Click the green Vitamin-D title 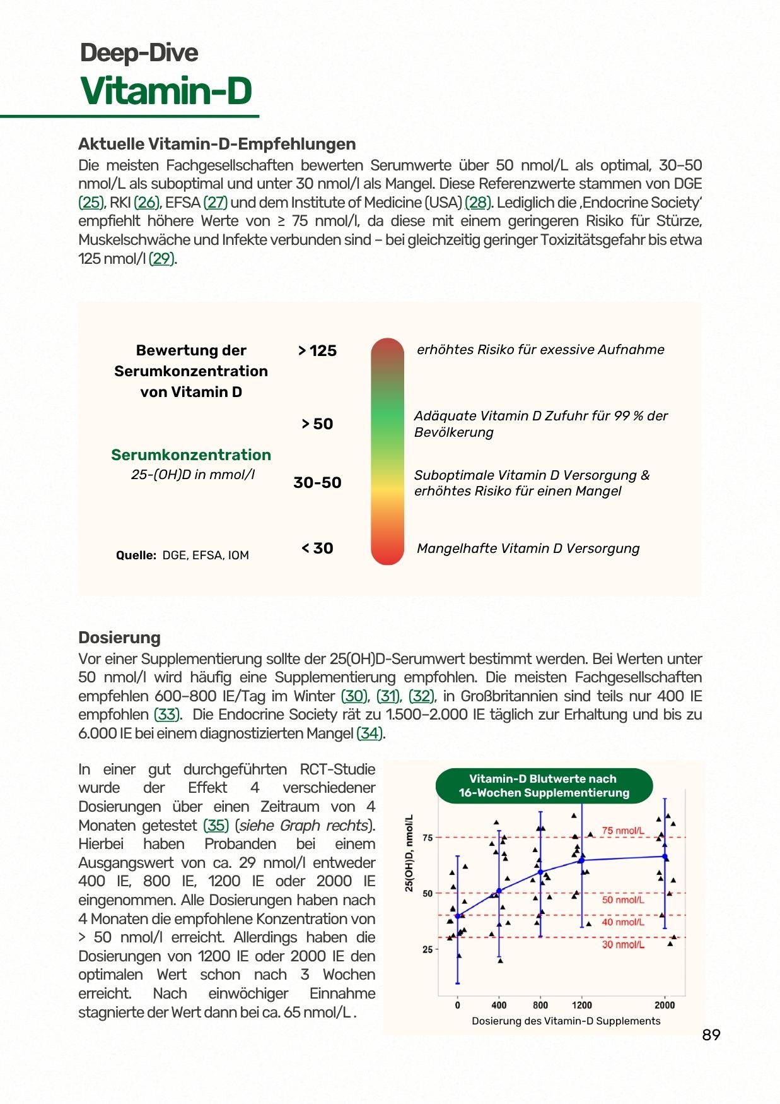tap(166, 91)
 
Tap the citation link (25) tap(91, 203)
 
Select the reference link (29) tap(161, 259)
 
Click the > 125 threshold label tap(317, 351)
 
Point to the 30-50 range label tap(317, 483)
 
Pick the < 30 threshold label tap(317, 549)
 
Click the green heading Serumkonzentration tap(191, 455)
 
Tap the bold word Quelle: tap(136, 555)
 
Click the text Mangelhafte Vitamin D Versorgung tap(528, 549)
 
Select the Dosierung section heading tap(119, 638)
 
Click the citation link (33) tap(167, 715)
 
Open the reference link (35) tap(216, 826)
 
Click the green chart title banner tap(544, 786)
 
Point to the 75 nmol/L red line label tap(622, 831)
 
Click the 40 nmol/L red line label tap(622, 922)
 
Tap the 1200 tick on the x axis tap(581, 1006)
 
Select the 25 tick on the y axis tap(428, 949)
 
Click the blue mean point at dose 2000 tap(665, 857)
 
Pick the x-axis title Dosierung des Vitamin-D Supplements tap(566, 1021)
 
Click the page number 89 tap(711, 1035)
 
